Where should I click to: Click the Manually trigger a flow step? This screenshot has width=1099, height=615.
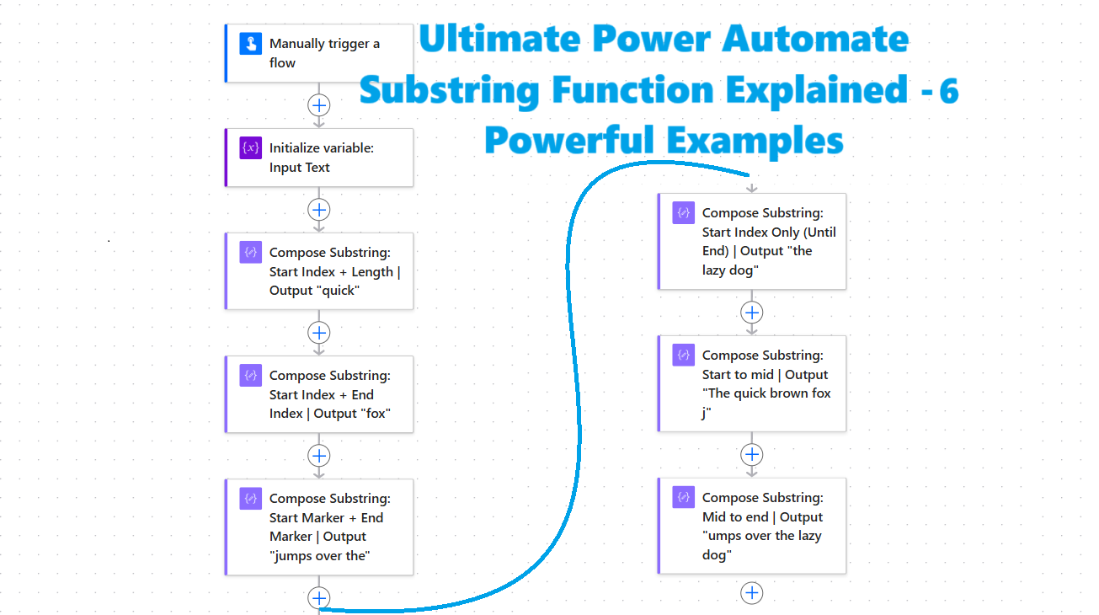click(320, 53)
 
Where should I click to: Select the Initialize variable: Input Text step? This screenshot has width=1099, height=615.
click(320, 158)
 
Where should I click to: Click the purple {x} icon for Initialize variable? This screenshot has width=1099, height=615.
click(250, 149)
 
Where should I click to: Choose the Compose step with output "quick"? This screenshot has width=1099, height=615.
click(320, 271)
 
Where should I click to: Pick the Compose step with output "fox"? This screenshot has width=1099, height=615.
click(320, 394)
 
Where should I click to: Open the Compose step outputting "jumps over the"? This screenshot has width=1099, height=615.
click(320, 527)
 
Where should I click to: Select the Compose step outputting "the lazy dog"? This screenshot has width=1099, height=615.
click(752, 242)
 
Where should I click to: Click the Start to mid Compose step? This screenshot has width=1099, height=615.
click(752, 383)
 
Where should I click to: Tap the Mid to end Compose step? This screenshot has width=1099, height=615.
click(752, 526)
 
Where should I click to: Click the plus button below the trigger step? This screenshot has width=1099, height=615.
click(319, 105)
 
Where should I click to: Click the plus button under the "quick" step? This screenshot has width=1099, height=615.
click(319, 332)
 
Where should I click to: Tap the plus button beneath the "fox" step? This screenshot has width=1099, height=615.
click(319, 456)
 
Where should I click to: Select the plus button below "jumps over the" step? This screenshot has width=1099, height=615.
click(319, 598)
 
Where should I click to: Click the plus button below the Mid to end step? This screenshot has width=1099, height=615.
click(752, 593)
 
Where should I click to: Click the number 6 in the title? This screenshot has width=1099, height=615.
click(949, 91)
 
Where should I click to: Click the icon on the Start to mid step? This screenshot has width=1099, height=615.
click(684, 356)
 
